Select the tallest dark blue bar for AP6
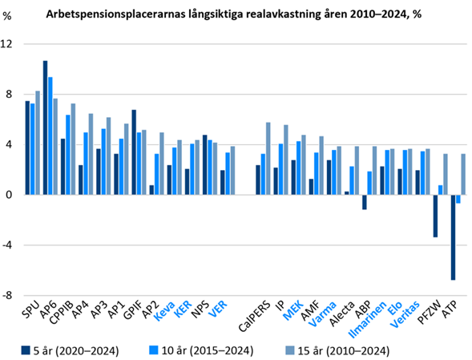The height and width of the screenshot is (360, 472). [45, 127]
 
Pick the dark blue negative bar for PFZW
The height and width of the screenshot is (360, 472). [435, 216]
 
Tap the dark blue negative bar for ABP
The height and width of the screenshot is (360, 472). [364, 202]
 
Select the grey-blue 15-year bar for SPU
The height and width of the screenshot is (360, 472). [38, 143]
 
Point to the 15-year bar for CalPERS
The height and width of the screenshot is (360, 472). [268, 159]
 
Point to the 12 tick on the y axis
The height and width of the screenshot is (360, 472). [9, 44]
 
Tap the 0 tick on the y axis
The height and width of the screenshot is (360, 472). [9, 195]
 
